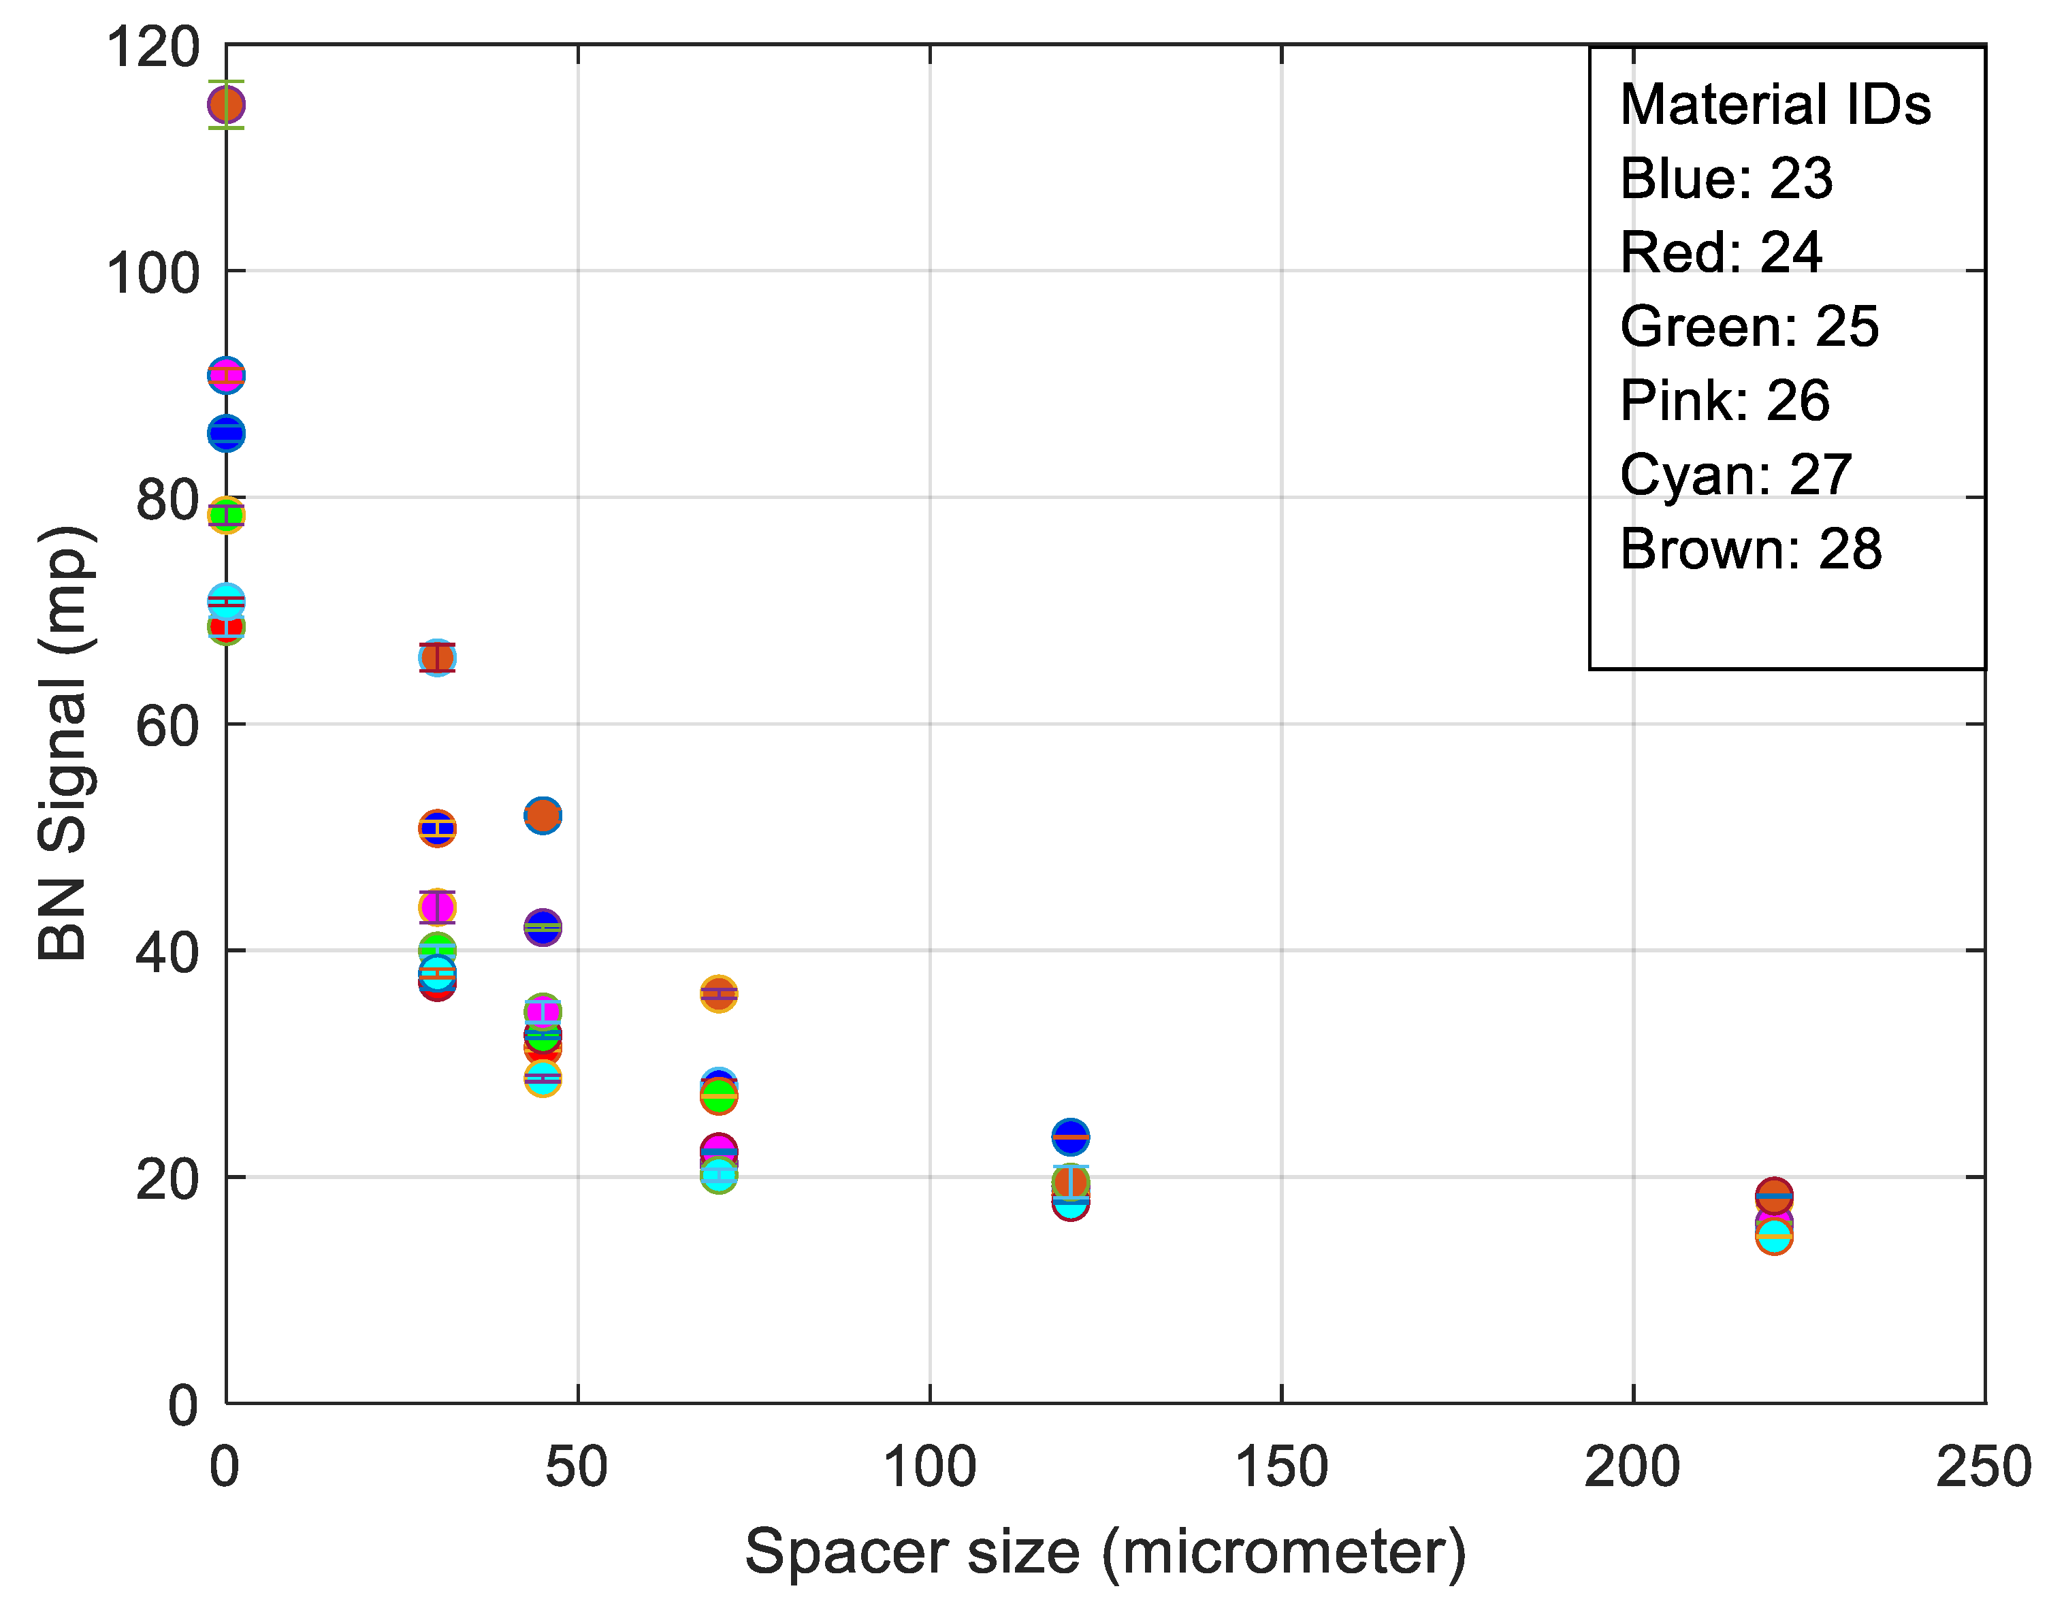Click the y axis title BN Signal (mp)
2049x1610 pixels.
click(64, 743)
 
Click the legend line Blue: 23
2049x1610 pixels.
click(1726, 178)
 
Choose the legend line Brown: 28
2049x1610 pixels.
click(1750, 549)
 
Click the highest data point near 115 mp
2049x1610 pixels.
click(226, 105)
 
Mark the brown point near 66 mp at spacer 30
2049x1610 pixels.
click(437, 657)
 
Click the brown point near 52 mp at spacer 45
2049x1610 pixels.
click(542, 816)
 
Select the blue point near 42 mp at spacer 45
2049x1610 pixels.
click(542, 928)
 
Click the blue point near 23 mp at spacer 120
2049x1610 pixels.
click(1069, 1137)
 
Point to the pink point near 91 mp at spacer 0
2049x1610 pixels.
click(226, 375)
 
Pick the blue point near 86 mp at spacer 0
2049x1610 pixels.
click(226, 434)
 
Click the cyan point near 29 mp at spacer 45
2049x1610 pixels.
click(542, 1078)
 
